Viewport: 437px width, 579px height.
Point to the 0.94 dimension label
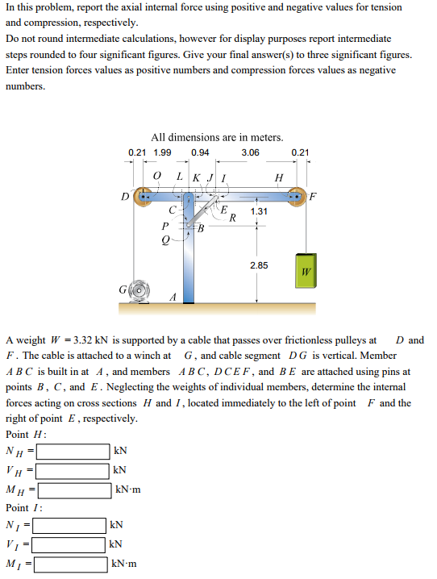(201, 152)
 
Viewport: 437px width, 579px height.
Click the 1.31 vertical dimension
(259, 211)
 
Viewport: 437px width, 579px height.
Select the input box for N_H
(71, 451)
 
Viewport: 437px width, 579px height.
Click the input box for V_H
(71, 470)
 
